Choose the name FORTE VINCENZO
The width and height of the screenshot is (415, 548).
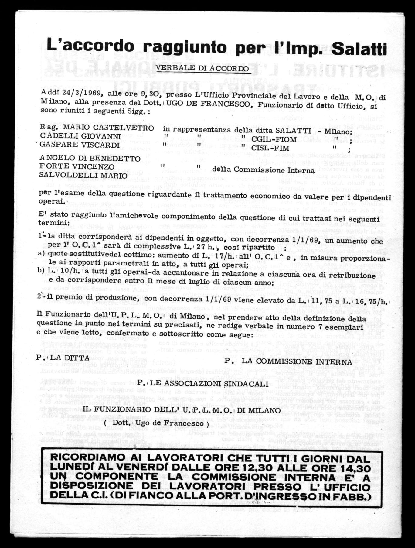77,167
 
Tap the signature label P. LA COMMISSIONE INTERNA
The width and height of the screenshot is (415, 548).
288,362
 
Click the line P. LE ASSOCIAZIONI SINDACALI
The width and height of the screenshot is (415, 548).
202,384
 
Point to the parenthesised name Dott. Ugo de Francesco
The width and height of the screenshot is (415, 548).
156,423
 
